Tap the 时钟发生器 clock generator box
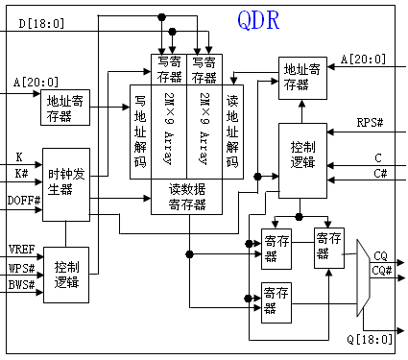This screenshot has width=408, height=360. pyautogui.click(x=66, y=180)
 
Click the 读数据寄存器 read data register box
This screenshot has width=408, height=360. pyautogui.click(x=186, y=196)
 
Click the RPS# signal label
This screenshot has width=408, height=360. pyautogui.click(x=370, y=123)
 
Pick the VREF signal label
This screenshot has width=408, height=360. pyautogui.click(x=20, y=250)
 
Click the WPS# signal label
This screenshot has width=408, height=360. pyautogui.click(x=20, y=268)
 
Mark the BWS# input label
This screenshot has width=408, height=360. pyautogui.click(x=20, y=285)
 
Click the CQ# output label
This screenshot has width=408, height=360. pyautogui.click(x=381, y=272)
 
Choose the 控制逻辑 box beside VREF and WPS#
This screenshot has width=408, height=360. pyautogui.click(x=66, y=273)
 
